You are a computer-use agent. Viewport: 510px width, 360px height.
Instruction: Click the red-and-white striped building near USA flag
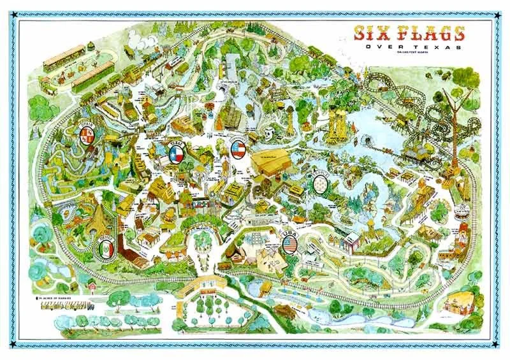pos(350,240)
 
